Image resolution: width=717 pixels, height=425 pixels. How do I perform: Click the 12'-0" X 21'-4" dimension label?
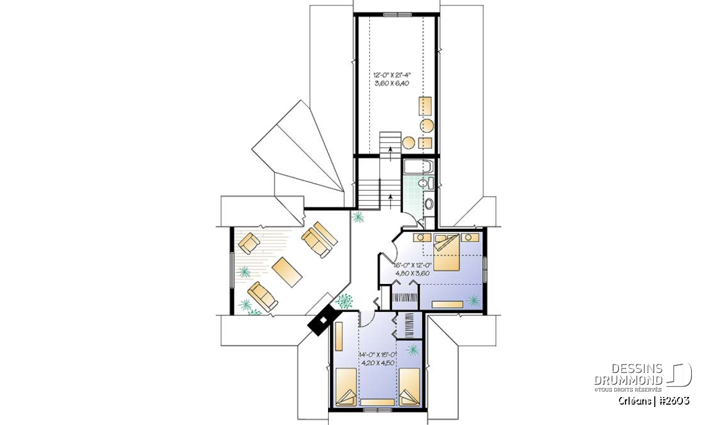[x=392, y=75]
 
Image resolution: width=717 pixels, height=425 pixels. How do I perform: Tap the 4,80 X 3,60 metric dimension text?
[x=412, y=274]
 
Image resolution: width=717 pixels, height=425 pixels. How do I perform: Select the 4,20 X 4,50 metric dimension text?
[x=378, y=363]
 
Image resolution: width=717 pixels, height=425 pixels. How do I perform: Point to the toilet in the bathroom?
[x=426, y=183]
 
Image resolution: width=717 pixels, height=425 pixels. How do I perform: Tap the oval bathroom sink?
[x=428, y=204]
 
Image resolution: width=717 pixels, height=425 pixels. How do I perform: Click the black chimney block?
[x=321, y=320]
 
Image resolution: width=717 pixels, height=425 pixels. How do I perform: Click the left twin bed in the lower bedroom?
[x=346, y=387]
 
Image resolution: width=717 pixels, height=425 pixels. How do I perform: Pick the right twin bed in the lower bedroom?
[x=409, y=387]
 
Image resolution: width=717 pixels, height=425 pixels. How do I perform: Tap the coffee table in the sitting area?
[x=287, y=272]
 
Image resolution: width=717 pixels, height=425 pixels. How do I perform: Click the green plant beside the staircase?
[x=357, y=217]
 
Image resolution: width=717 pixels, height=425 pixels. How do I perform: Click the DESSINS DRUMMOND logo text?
[x=629, y=374]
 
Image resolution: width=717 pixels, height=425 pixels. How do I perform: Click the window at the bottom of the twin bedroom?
[x=378, y=409]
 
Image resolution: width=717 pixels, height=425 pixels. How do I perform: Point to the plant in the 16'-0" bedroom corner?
[x=473, y=301]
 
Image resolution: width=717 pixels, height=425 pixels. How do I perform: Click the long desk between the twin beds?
[x=378, y=402]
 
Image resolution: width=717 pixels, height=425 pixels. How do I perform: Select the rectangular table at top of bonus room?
[x=425, y=106]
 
